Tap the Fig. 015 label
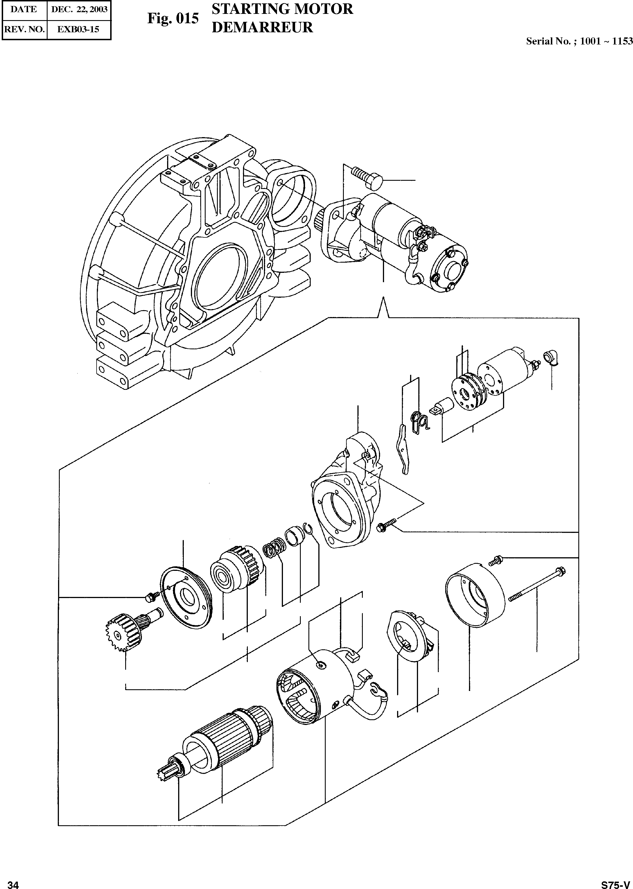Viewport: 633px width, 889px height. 173,18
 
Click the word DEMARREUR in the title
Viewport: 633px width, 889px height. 262,27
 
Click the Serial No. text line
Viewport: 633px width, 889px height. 579,41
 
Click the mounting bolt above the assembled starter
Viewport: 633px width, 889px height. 366,176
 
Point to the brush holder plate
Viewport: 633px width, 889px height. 409,635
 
